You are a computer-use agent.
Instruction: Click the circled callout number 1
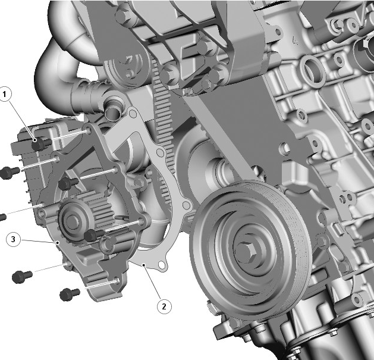click(x=6, y=93)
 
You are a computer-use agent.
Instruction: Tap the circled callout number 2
click(x=164, y=306)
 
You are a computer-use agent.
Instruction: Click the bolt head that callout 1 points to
click(x=38, y=143)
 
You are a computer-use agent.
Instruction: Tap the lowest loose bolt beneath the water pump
click(x=70, y=293)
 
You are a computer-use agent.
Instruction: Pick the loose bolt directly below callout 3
click(x=21, y=276)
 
